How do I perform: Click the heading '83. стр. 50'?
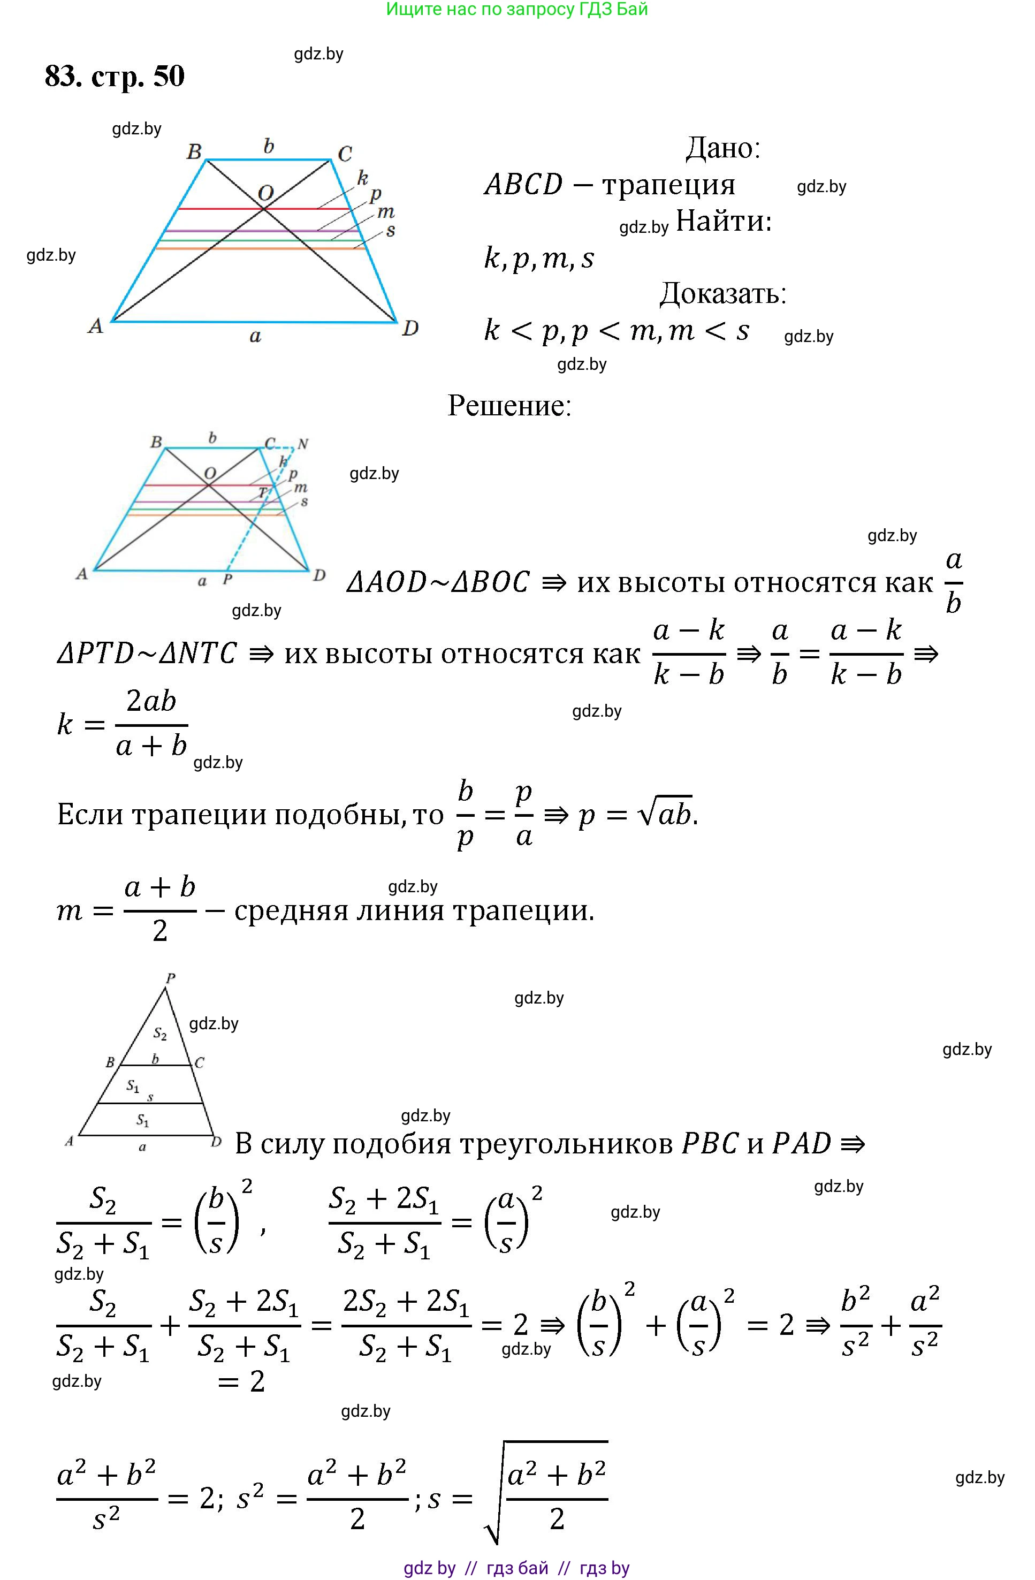tap(114, 77)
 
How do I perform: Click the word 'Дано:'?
tap(722, 147)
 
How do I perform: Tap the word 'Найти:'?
tap(724, 221)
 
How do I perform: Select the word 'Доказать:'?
tap(722, 293)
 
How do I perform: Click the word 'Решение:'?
tap(509, 406)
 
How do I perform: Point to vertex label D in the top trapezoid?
tap(410, 329)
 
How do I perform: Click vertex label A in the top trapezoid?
tap(96, 326)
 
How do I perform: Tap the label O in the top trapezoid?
tap(265, 193)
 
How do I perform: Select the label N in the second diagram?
tap(303, 444)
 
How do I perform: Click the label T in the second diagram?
tap(263, 492)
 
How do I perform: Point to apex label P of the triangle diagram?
tap(170, 978)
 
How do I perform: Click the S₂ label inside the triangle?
tap(160, 1034)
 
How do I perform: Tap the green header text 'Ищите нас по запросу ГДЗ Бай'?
tap(516, 9)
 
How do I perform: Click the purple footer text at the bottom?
tap(516, 1568)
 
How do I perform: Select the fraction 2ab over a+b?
tap(151, 724)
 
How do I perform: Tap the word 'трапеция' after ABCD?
tap(668, 185)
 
